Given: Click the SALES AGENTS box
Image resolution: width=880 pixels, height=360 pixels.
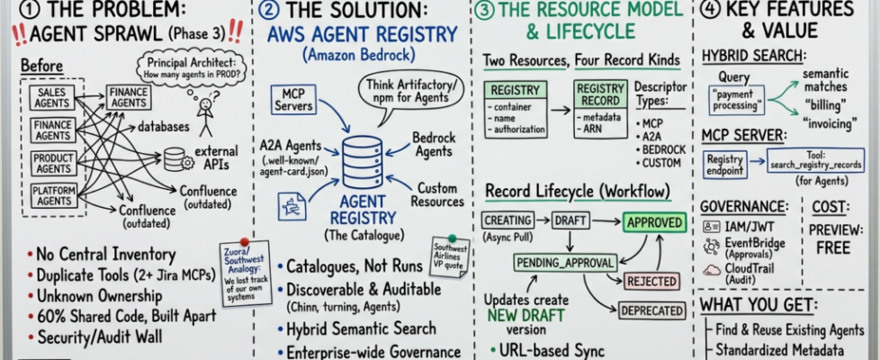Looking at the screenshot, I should [x=52, y=98].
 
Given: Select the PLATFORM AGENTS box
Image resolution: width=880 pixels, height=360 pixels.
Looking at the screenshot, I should [x=53, y=196].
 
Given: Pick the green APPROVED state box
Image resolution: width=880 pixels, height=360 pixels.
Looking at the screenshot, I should [x=654, y=220].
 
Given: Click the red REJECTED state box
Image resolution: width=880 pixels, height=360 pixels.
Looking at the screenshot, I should [x=651, y=281].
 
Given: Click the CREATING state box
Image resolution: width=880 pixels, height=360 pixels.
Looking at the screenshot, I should [x=507, y=220].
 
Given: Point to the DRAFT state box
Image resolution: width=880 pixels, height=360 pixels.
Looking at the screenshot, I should [x=570, y=220].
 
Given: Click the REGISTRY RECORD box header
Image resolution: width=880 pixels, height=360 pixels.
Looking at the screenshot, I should [x=600, y=92].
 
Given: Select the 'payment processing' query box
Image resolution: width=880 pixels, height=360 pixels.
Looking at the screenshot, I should [x=736, y=99].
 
